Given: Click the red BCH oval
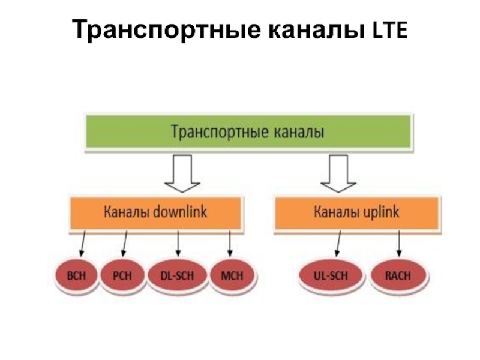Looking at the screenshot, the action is coord(77,276).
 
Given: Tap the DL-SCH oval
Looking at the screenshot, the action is coord(178,276).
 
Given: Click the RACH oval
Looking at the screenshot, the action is coord(399,276).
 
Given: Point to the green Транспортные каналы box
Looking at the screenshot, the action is coord(248,131).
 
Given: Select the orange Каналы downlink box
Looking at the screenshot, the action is coord(156,212).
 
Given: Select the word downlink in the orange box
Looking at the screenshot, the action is coord(180,212).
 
